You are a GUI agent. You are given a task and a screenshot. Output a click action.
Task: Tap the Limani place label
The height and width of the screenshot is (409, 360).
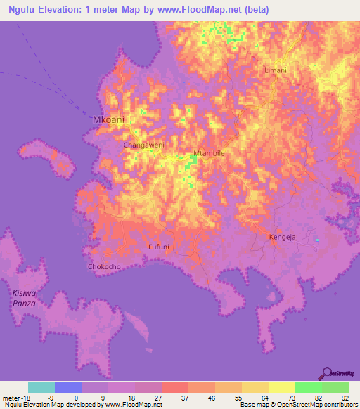(x=274, y=71)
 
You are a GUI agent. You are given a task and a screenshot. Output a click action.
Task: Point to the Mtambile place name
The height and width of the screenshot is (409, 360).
(x=208, y=152)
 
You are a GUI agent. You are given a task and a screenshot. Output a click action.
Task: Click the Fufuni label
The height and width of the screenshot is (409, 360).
(x=160, y=247)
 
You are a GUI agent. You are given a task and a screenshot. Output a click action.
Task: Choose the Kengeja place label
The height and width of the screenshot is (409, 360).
(x=283, y=238)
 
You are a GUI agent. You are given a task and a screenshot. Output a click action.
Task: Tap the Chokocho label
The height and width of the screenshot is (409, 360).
(x=105, y=267)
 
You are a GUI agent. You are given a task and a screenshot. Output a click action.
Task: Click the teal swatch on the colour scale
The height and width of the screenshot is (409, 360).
(x=41, y=388)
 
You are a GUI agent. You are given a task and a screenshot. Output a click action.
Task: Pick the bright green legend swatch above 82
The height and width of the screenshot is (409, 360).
(x=308, y=388)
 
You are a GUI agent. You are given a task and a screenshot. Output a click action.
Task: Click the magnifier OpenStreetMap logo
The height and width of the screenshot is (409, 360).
(x=328, y=373)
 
